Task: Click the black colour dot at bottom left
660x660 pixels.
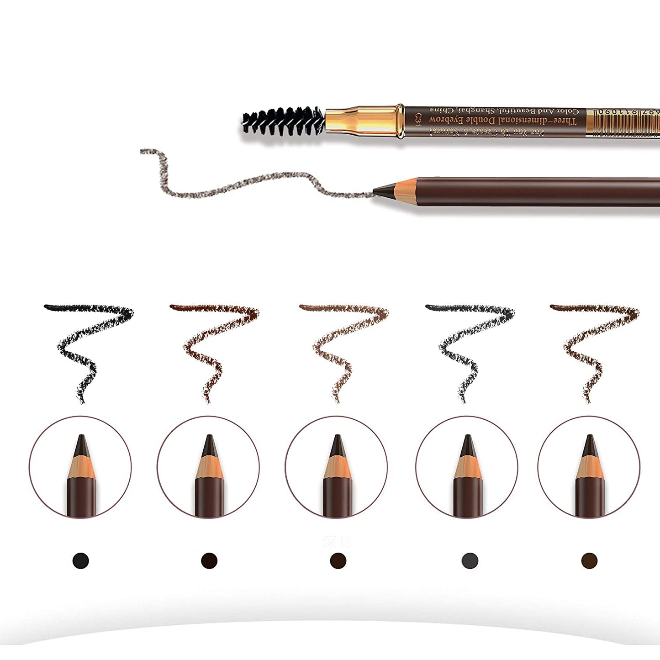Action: tap(81, 560)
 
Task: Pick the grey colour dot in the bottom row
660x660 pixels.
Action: tap(470, 560)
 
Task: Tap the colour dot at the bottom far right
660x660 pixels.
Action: tap(589, 560)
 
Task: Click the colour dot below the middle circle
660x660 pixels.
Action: tap(338, 560)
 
